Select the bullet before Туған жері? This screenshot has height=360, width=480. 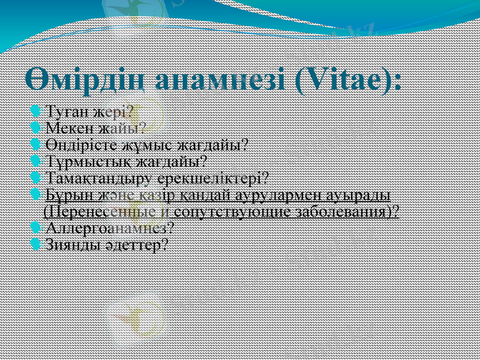(35, 111)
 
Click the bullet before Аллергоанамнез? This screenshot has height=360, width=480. (35, 228)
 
